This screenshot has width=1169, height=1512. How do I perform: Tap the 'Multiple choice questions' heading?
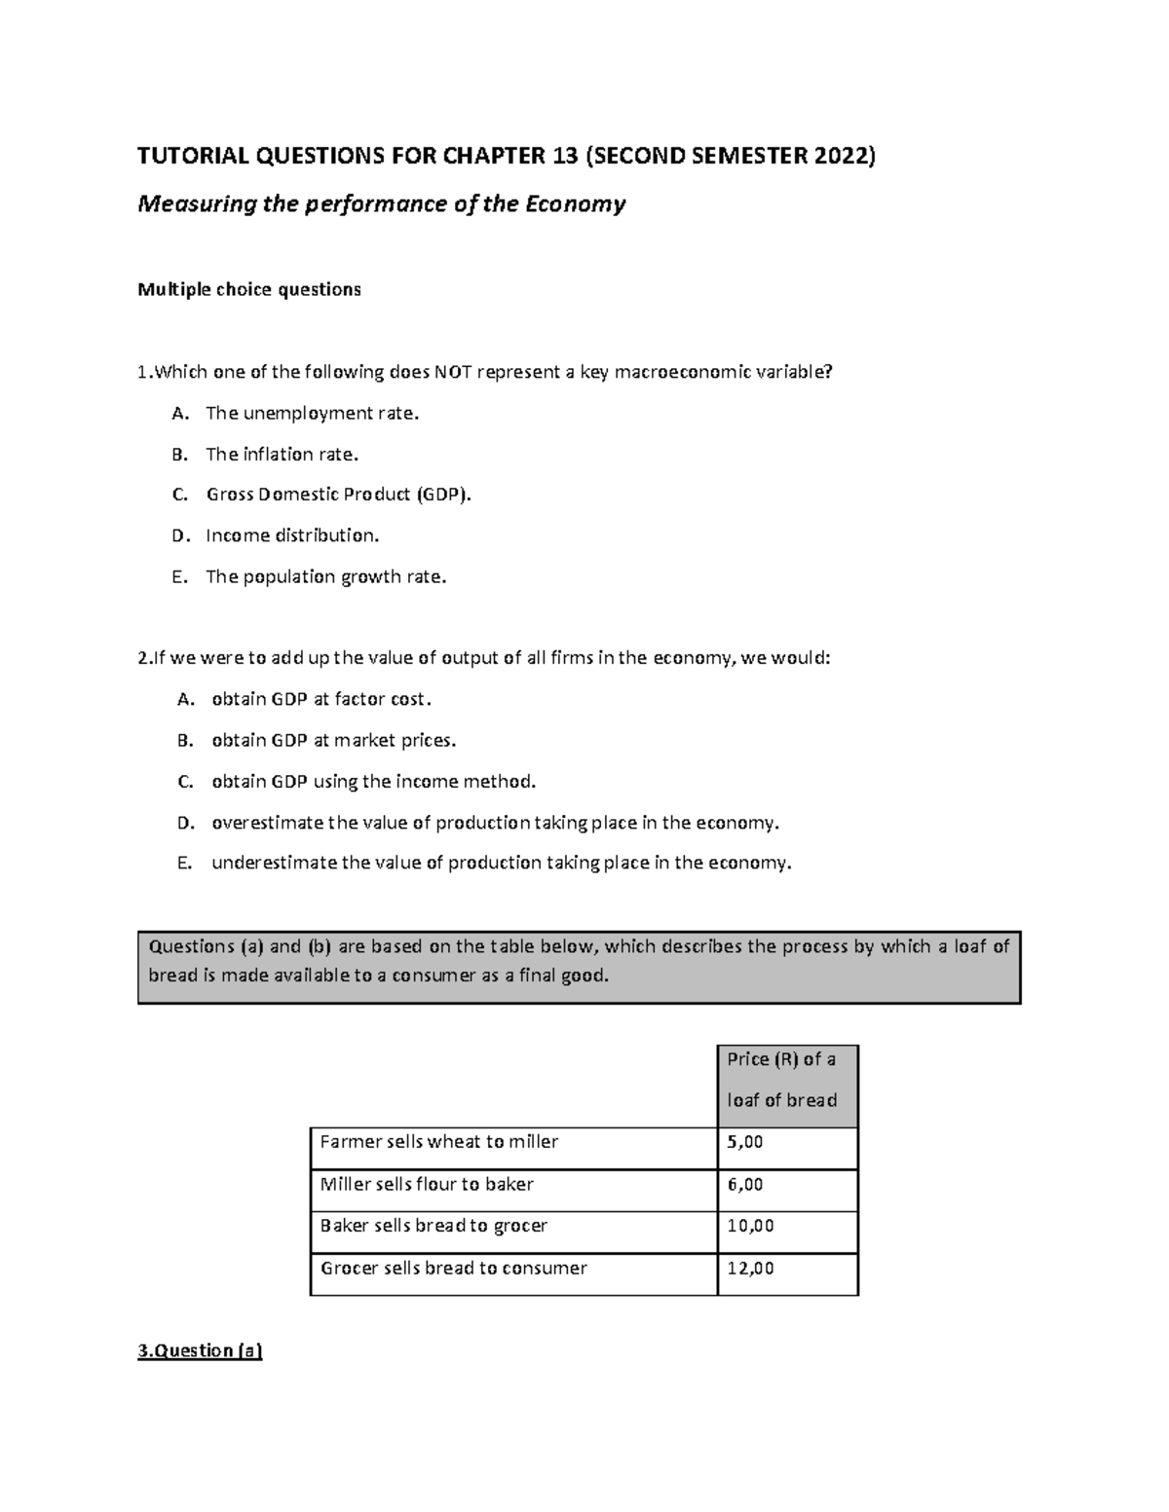coord(249,289)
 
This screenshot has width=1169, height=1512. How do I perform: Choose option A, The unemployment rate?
coord(312,413)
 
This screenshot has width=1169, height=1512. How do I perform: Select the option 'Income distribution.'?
coord(292,535)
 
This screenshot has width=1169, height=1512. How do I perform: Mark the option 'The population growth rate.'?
coord(326,576)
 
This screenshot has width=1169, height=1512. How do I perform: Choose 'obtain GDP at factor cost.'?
coord(321,699)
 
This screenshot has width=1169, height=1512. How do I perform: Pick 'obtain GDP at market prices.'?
coord(333,740)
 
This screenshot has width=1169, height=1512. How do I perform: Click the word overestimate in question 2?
coord(266,823)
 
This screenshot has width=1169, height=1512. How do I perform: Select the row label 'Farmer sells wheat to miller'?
coord(438,1142)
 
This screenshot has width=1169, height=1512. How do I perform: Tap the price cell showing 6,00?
coord(745,1185)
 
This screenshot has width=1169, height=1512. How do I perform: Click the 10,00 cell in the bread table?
coord(750,1226)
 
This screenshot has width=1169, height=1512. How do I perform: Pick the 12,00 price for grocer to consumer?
coord(750,1269)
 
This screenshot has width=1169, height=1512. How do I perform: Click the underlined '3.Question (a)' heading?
coord(201,1350)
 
